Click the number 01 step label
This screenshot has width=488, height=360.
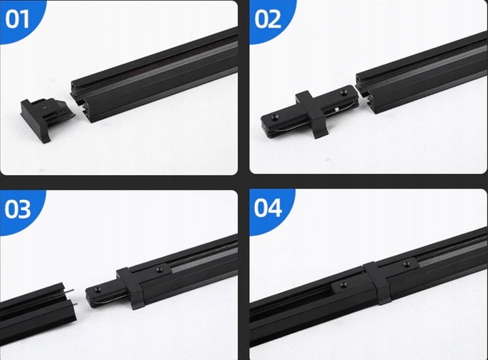pyautogui.click(x=18, y=19)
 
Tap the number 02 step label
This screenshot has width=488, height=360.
pyautogui.click(x=268, y=19)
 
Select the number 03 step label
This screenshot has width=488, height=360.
pyautogui.click(x=18, y=209)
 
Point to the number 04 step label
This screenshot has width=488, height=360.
pyautogui.click(x=268, y=207)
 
